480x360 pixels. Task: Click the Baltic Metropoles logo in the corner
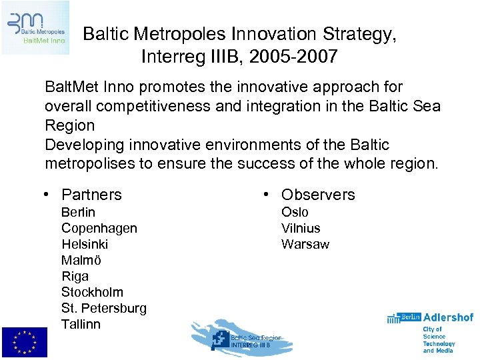[x=35, y=27]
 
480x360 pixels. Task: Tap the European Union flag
[x=24, y=343]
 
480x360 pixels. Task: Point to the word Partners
[x=91, y=195]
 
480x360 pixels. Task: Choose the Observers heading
[x=318, y=195]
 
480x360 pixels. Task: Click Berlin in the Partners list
[x=78, y=213]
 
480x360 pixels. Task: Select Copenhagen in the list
[x=99, y=229]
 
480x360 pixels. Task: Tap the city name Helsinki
[x=85, y=245]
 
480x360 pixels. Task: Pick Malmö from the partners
[x=81, y=261]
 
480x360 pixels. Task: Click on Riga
[x=75, y=277]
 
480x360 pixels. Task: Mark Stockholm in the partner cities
[x=92, y=293]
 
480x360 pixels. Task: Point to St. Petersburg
[x=103, y=309]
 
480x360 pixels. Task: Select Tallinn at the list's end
[x=81, y=325]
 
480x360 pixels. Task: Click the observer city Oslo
[x=295, y=213]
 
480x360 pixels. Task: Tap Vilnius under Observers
[x=301, y=229]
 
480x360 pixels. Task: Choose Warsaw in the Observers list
[x=305, y=245]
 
